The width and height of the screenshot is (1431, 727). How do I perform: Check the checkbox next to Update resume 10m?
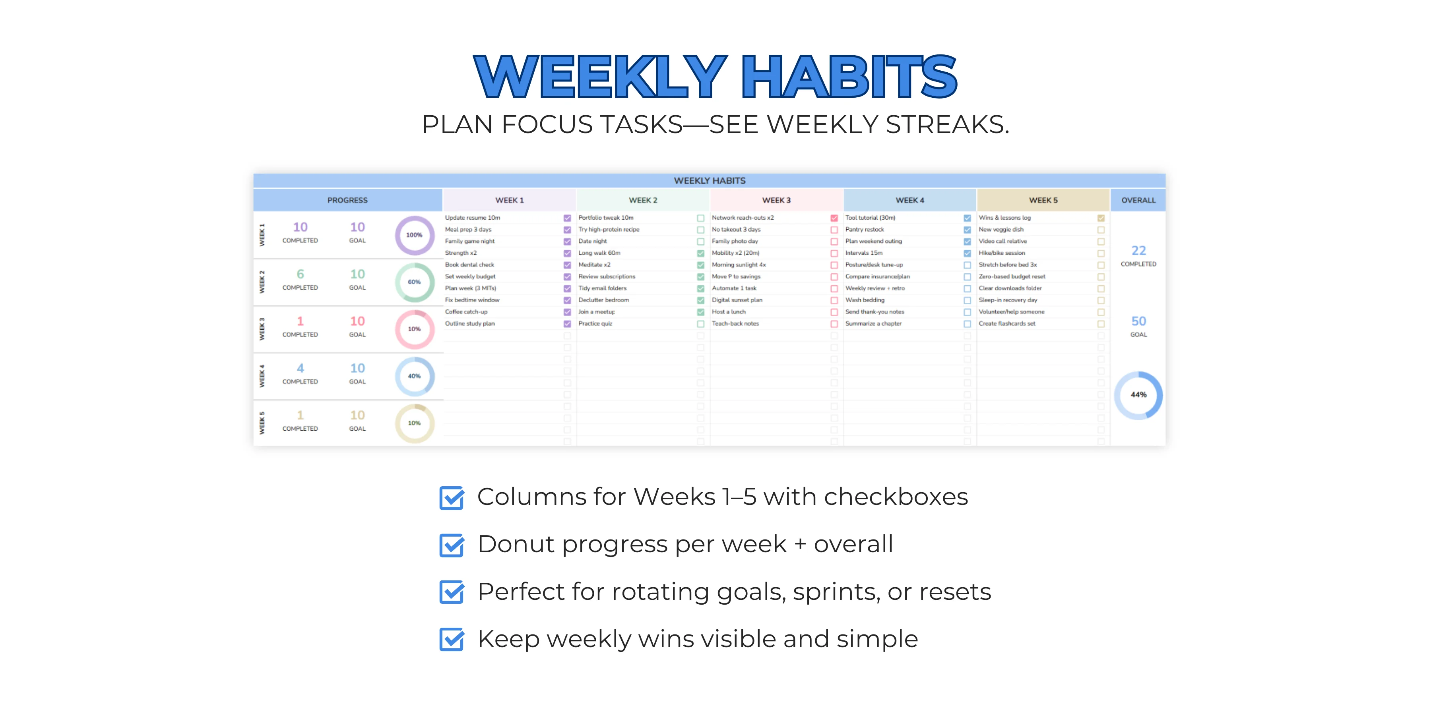tap(567, 218)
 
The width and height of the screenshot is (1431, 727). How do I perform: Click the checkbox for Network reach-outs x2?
tap(834, 218)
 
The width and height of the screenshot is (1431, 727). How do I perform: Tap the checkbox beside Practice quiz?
tap(700, 324)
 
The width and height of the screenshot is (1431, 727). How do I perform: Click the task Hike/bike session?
tap(1002, 253)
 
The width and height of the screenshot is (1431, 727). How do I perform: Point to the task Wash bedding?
tap(865, 300)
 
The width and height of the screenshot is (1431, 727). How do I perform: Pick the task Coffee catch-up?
tap(466, 311)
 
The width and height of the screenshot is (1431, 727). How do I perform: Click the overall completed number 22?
tap(1138, 251)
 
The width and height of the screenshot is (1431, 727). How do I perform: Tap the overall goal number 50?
tap(1138, 321)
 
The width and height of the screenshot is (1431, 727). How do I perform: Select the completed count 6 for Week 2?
tap(300, 274)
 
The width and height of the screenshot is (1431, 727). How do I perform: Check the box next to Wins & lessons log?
tap(1100, 218)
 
